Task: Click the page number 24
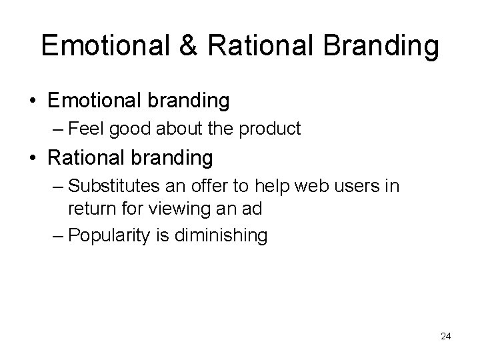tap(446, 336)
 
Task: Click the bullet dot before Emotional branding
tap(32, 101)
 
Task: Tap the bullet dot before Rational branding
tap(32, 159)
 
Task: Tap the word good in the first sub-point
tap(136, 129)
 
